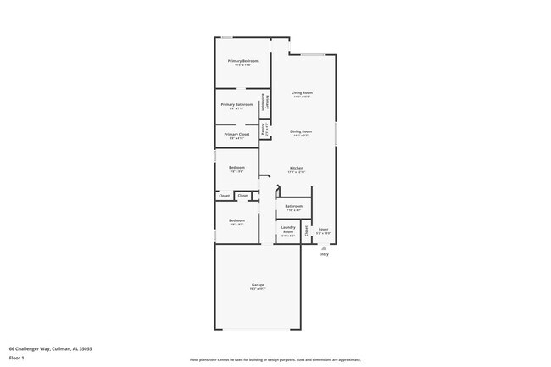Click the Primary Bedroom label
pyautogui.click(x=242, y=61)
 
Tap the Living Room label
pyautogui.click(x=303, y=92)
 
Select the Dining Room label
pyautogui.click(x=301, y=131)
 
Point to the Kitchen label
pyautogui.click(x=297, y=168)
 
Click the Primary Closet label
pyautogui.click(x=237, y=134)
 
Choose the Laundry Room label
pyautogui.click(x=288, y=229)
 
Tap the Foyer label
pyautogui.click(x=323, y=229)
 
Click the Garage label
pyautogui.click(x=257, y=285)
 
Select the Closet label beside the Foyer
pyautogui.click(x=307, y=229)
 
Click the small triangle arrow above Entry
pyautogui.click(x=323, y=247)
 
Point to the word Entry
pyautogui.click(x=323, y=254)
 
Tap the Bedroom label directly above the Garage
pyautogui.click(x=237, y=221)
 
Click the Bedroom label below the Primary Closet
pyautogui.click(x=237, y=167)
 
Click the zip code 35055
pyautogui.click(x=85, y=348)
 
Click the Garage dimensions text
pyautogui.click(x=257, y=289)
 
